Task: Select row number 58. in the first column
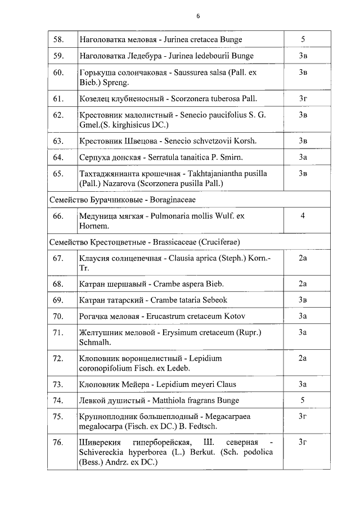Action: [x=58, y=40]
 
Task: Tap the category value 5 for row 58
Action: [x=303, y=40]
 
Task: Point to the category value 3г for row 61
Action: [x=303, y=98]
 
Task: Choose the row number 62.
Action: [x=58, y=115]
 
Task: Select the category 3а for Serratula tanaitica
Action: [x=303, y=157]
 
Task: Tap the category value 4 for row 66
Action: [x=303, y=215]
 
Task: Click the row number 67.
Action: [x=58, y=258]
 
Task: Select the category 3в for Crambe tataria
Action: [x=303, y=300]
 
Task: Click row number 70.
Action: [x=58, y=316]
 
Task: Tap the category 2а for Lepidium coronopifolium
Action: [x=303, y=358]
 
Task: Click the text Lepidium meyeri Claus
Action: [x=199, y=385]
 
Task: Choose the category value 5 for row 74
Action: [x=303, y=400]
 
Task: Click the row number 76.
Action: [x=58, y=443]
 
